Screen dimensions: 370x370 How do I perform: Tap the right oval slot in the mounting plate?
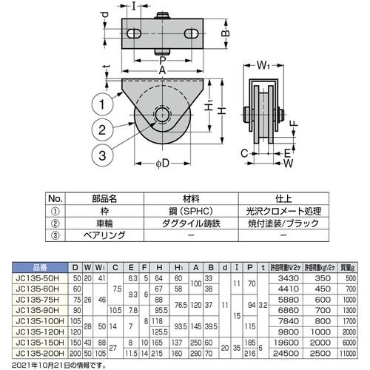point(189,33)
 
